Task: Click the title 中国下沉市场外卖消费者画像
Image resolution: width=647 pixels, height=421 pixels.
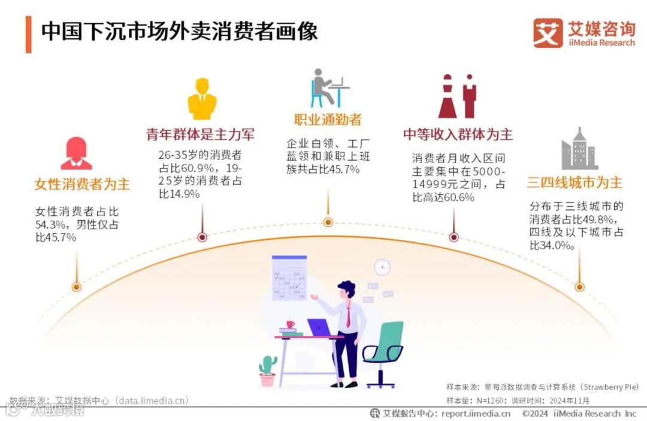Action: click(179, 31)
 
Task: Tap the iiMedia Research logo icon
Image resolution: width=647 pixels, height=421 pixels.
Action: click(548, 33)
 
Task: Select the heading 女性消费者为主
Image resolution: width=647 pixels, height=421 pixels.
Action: click(82, 184)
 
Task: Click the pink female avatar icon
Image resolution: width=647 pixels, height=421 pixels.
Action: click(76, 154)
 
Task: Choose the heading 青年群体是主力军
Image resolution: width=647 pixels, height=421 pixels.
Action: click(201, 134)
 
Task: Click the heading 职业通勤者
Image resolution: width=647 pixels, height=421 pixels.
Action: click(328, 119)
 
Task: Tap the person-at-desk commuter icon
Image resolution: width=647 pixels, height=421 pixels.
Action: click(329, 88)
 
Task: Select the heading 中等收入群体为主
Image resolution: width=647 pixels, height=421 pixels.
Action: click(458, 134)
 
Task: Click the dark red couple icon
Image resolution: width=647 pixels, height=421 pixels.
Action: click(457, 97)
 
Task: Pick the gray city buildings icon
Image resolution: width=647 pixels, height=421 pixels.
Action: click(579, 149)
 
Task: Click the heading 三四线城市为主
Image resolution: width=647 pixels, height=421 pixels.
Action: click(575, 183)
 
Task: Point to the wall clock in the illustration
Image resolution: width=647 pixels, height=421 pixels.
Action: click(382, 267)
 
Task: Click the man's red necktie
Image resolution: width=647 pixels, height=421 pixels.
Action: click(348, 315)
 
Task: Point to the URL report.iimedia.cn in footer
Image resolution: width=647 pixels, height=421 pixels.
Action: click(476, 413)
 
